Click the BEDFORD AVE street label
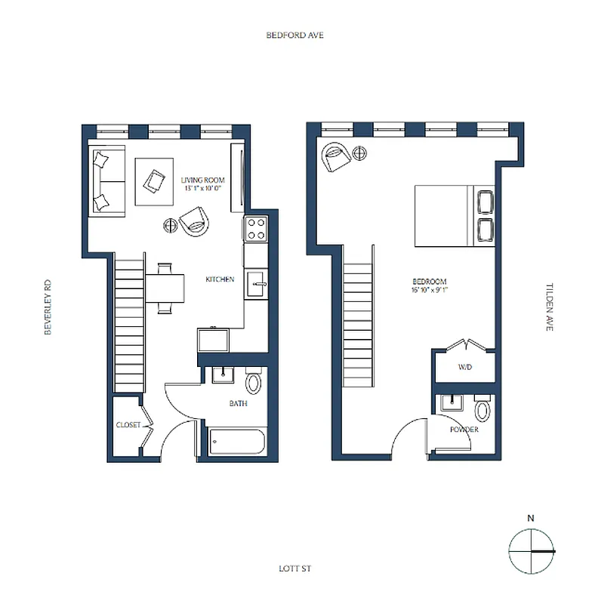pos(294,35)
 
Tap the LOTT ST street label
pos(294,569)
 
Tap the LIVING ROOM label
pos(203,180)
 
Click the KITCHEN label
pos(220,279)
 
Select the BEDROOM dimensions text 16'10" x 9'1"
pos(430,289)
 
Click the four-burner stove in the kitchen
pos(256,229)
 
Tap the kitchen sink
pos(257,285)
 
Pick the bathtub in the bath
pos(236,442)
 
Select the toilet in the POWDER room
pos(483,411)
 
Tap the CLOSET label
pos(128,425)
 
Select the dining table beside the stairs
pos(165,288)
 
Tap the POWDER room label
pos(464,430)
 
